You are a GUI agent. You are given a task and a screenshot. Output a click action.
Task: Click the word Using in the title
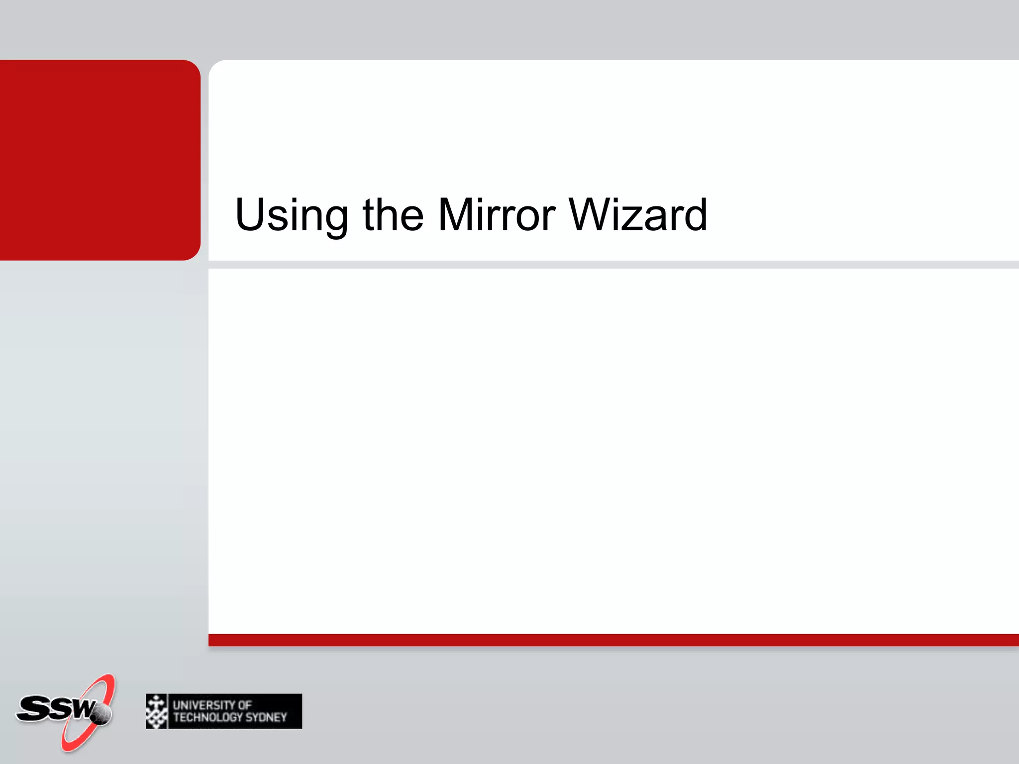coord(291,215)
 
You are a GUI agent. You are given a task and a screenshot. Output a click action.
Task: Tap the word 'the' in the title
coord(393,214)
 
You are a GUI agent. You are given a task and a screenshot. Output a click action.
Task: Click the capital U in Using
coord(250,214)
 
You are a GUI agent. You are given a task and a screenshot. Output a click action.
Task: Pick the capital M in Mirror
coord(456,214)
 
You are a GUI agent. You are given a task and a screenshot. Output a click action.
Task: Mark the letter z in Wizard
coord(629,219)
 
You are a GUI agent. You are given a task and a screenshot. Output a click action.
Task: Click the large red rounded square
coord(100,160)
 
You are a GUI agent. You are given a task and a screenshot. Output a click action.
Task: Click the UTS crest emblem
coord(157,711)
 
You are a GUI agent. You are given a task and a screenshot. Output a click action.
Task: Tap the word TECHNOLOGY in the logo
coord(208,717)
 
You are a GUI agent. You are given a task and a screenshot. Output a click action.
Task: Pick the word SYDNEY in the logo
coord(266,717)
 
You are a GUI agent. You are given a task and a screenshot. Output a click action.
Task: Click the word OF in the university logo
coord(244,705)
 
